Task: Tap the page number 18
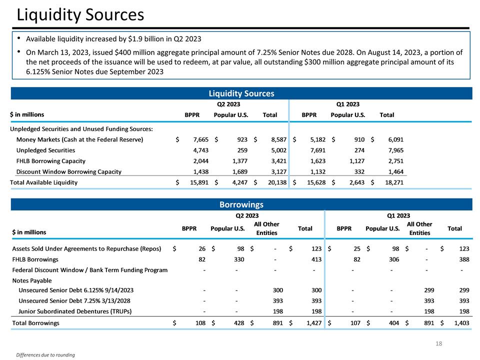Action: pos(439,344)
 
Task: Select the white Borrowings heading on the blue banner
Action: pos(241,204)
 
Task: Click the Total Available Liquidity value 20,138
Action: pos(276,182)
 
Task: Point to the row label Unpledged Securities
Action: pos(45,150)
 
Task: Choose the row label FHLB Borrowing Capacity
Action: pos(50,161)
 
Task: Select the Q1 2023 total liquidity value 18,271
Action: pos(393,182)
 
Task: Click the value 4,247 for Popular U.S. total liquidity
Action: pos(238,182)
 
